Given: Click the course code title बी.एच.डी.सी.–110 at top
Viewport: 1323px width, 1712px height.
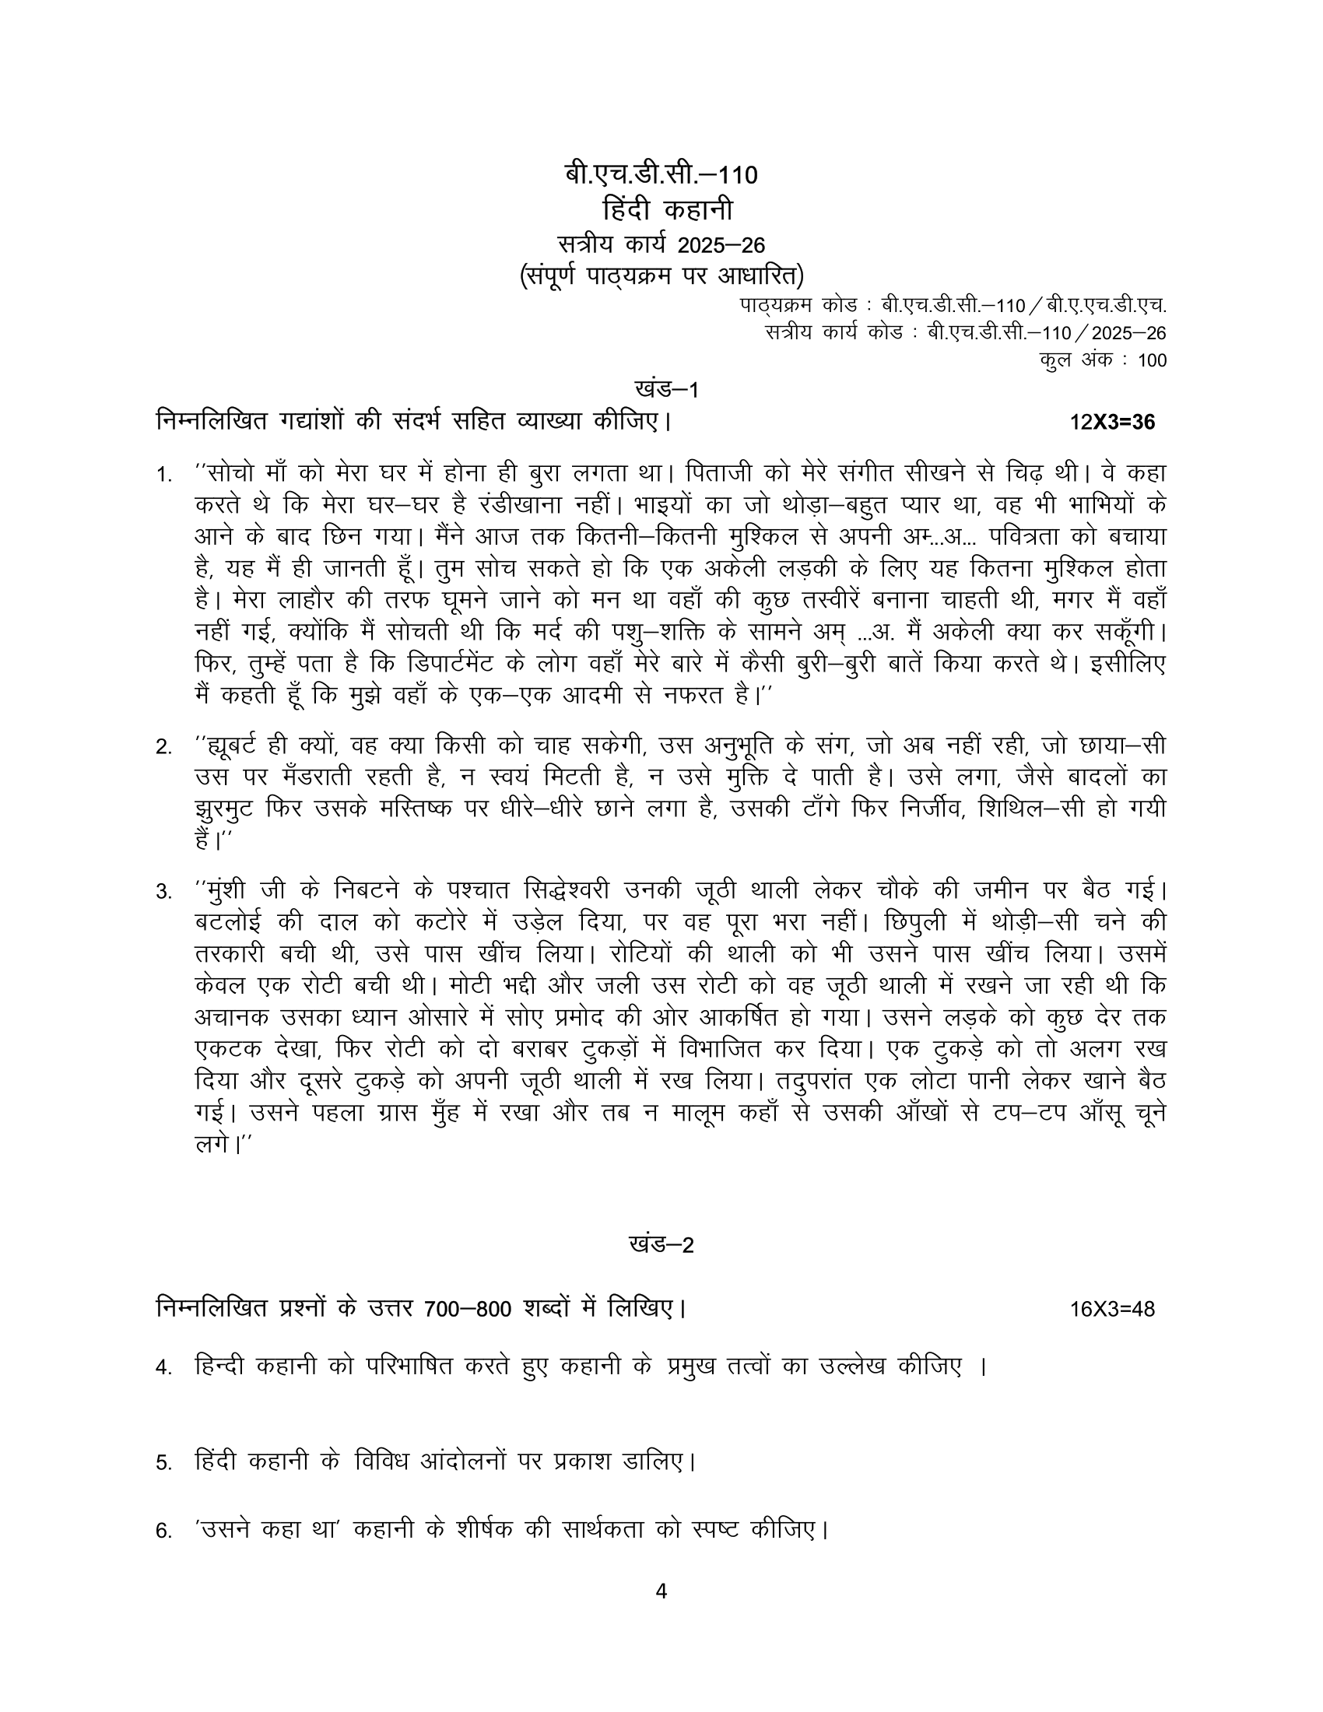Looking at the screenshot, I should point(661,175).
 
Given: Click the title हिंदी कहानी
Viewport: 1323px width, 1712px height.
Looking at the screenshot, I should point(661,210).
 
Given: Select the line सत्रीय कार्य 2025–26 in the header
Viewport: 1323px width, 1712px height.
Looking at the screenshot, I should point(661,244).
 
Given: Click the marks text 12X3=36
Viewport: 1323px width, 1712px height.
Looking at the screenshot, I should point(1112,423).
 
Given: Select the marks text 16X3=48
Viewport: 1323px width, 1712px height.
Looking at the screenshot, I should point(1112,1309).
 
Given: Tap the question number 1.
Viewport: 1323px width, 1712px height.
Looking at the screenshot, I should point(163,475).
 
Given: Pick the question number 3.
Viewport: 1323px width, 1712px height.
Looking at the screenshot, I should point(163,892).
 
